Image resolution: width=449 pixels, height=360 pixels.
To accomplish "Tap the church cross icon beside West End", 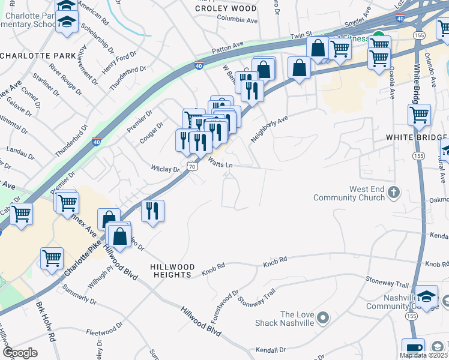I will click(x=394, y=193).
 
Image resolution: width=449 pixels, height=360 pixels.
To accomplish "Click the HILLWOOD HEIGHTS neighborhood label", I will click(x=172, y=271).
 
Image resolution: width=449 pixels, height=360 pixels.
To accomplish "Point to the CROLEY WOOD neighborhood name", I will click(x=225, y=8).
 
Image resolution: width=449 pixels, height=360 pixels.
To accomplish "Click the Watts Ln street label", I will click(x=220, y=162).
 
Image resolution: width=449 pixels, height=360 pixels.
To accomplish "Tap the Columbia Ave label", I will click(x=237, y=20).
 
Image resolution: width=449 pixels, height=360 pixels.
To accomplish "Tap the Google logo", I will click(x=20, y=353).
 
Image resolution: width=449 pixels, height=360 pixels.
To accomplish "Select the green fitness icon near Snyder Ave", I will click(x=378, y=37).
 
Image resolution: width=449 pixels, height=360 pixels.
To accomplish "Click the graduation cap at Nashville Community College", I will click(x=427, y=296).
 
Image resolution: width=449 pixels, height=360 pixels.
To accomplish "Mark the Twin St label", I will click(x=302, y=37).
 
